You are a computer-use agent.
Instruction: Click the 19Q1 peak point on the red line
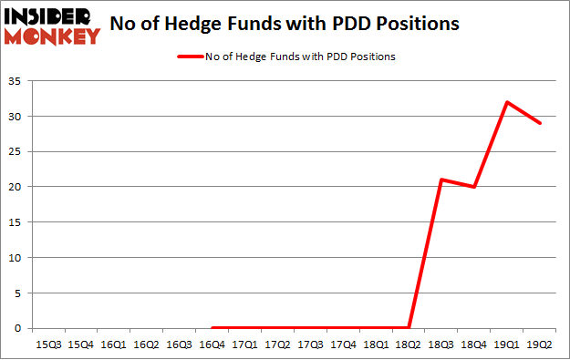pos(508,101)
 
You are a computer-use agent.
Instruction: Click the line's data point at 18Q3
pos(441,180)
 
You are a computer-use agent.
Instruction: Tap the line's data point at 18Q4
pos(475,187)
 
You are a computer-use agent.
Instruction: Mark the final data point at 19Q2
pos(541,123)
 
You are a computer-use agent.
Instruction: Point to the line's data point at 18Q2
pos(409,327)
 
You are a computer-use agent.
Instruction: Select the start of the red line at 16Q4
pos(212,327)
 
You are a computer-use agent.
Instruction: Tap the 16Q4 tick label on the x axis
pos(212,345)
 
